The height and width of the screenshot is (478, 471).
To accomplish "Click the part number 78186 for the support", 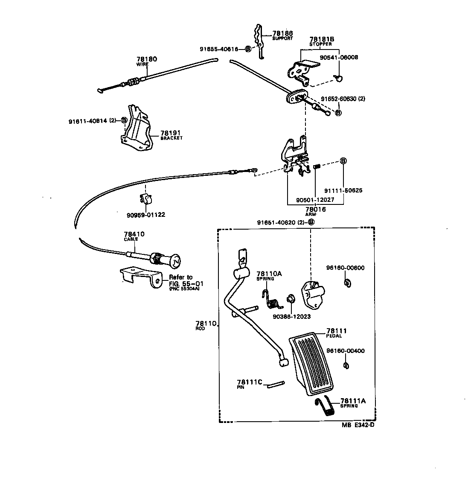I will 283,33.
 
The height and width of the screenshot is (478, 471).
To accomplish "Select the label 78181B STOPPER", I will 321,41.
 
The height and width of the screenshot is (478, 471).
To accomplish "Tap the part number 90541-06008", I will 339,57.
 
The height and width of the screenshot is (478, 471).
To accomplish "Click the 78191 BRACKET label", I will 172,135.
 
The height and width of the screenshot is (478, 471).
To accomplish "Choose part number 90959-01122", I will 145,215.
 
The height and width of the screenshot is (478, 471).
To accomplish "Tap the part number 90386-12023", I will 291,317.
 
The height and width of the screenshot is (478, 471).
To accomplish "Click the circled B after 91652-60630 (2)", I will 338,113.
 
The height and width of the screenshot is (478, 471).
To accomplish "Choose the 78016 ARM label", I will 316,211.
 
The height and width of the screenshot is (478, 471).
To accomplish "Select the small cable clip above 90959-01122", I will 145,198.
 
